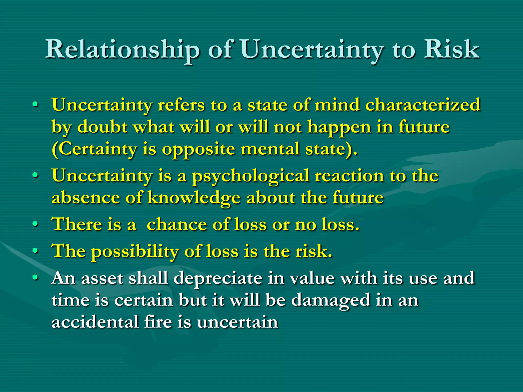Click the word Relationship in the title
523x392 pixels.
coord(122,50)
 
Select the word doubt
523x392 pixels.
coord(102,127)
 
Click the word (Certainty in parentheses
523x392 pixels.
coord(94,149)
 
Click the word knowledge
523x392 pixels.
coord(194,198)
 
